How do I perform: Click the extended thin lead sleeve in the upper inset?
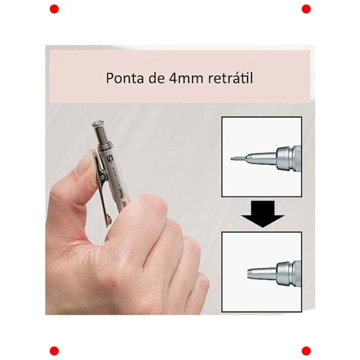point(237,158)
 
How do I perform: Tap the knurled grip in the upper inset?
point(296,158)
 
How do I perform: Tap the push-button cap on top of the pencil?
point(99,126)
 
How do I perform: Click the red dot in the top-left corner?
point(54,9)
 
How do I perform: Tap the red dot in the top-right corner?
point(306,9)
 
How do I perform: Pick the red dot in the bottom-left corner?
point(54,351)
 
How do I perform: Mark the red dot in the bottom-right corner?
point(306,351)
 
